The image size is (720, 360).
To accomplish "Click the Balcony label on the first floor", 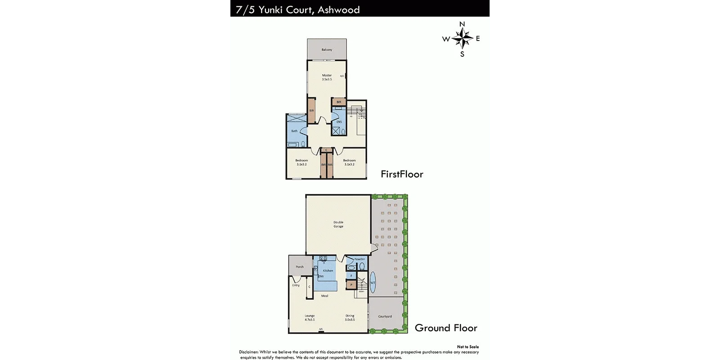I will coord(327,49).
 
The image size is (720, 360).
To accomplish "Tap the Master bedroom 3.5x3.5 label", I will coord(327,77).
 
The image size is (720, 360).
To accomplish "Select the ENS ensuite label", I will coord(339,122).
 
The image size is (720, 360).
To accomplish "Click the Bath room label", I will coord(294,131).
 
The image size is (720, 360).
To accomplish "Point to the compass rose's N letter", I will coord(462,24).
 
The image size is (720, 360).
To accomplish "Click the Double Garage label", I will coord(338,224).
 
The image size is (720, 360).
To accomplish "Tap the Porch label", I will coord(300,267).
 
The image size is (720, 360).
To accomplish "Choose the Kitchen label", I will coord(328,270).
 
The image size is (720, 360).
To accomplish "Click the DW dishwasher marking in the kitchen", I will coord(321,276).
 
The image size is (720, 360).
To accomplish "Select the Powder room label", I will coord(360,260).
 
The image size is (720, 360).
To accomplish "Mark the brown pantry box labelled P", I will coord(351,285).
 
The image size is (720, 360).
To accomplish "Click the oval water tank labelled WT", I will coord(373,283).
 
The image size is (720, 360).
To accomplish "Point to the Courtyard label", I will coord(385,316).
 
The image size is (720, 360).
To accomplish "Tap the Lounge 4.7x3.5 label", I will coord(310,318).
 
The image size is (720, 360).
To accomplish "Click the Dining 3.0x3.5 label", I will coord(350,318).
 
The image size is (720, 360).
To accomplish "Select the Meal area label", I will coord(324,296).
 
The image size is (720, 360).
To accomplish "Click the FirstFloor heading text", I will coord(402,174).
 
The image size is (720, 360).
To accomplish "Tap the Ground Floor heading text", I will coord(446,328).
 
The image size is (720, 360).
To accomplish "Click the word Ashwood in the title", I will coord(338,9).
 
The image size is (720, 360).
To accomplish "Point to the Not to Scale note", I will coord(468,347).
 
